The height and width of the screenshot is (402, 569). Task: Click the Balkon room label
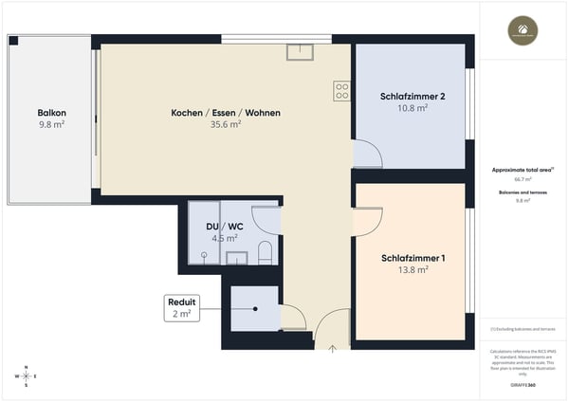[x=51, y=113]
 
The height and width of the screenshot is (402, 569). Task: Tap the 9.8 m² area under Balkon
[x=51, y=124]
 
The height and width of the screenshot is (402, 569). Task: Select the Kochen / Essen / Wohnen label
[x=226, y=113]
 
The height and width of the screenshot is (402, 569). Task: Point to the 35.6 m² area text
[x=226, y=124]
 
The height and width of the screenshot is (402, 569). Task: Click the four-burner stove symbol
[x=342, y=91]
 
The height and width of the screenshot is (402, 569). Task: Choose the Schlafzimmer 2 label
[x=413, y=96]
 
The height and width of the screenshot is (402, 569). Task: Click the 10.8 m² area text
[x=413, y=107]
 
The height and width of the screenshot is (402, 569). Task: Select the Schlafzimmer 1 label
[x=413, y=258]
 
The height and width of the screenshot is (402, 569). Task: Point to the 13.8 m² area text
[x=413, y=269]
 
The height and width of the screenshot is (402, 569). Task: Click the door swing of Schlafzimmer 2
[x=366, y=155]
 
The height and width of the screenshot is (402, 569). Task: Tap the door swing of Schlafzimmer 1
[x=366, y=219]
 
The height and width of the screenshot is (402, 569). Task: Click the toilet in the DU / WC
[x=266, y=252]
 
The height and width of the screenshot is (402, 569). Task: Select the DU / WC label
[x=224, y=228]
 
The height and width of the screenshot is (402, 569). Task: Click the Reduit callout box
[x=181, y=307]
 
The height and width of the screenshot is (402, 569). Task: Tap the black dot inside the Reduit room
[x=256, y=309]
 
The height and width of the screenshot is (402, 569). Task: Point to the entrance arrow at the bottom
[x=332, y=347]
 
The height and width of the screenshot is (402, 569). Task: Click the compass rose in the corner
[x=27, y=375]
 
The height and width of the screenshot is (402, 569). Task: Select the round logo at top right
[x=523, y=30]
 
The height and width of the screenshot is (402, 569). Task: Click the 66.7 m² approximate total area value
[x=523, y=178]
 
